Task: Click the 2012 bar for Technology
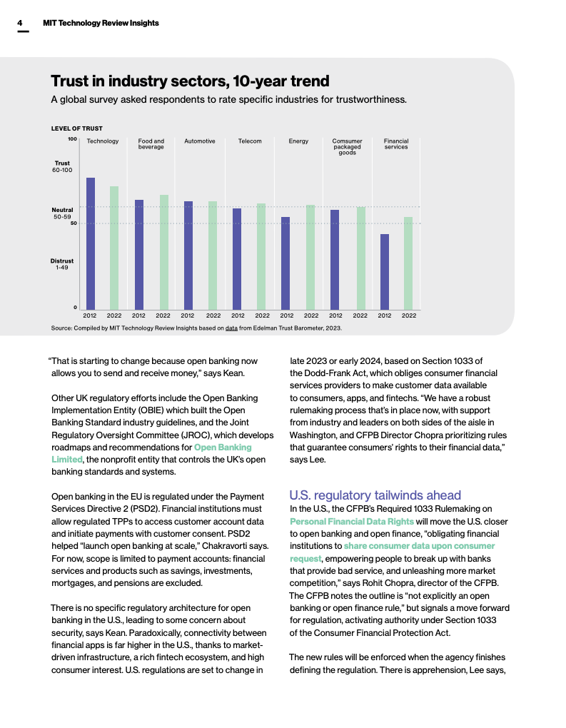click(x=91, y=243)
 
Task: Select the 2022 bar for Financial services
click(x=408, y=263)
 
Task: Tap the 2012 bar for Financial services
click(x=385, y=271)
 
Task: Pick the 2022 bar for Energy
click(x=310, y=257)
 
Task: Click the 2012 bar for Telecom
click(x=237, y=258)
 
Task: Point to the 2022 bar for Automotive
click(x=213, y=255)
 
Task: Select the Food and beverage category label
click(x=151, y=144)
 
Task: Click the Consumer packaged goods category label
click(x=348, y=146)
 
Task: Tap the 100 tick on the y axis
click(x=72, y=139)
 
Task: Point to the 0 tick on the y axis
click(x=75, y=308)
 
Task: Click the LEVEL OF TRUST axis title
click(x=76, y=128)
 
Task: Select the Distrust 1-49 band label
click(x=62, y=264)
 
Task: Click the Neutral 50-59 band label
click(x=62, y=213)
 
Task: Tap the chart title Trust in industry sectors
click(x=190, y=80)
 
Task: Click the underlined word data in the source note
click(x=231, y=328)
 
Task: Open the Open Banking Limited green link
click(x=223, y=448)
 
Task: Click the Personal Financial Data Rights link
click(x=352, y=521)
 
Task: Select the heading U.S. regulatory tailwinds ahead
click(x=375, y=495)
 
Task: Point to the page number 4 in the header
click(x=21, y=23)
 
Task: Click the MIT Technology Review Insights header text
click(x=101, y=23)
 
